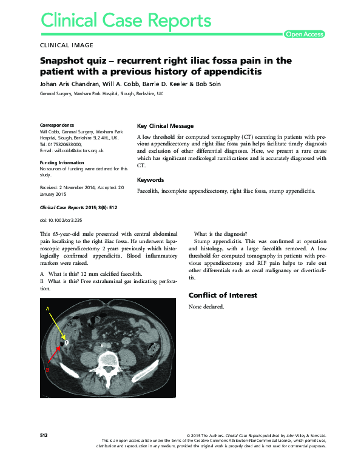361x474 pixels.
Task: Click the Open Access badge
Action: (x=305, y=35)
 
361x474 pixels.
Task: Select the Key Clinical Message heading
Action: (x=166, y=126)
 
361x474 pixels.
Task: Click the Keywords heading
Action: (x=150, y=180)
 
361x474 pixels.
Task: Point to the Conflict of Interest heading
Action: (x=223, y=295)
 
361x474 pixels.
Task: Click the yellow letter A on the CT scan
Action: (x=47, y=309)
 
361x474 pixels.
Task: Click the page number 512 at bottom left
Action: (x=44, y=435)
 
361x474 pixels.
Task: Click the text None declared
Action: (x=206, y=307)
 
